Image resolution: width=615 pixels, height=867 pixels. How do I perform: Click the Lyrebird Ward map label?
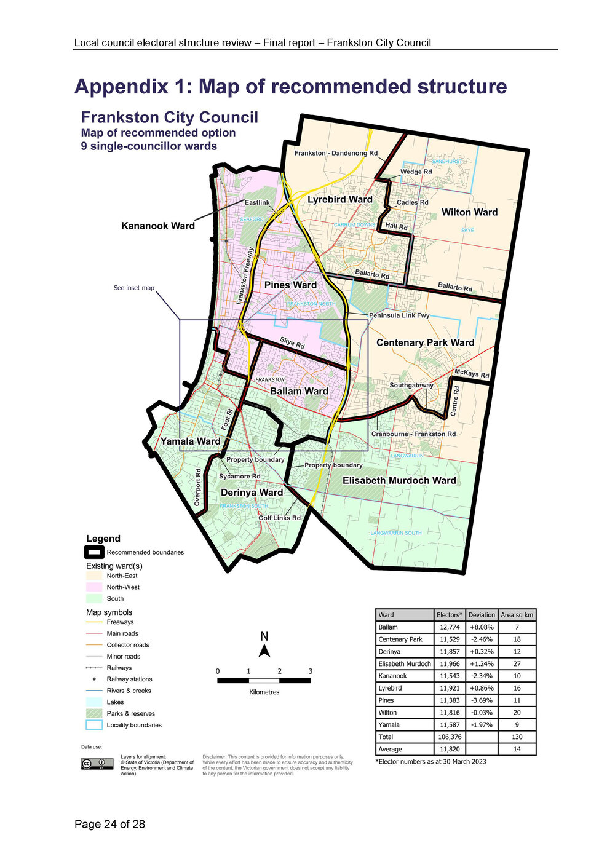[x=340, y=199]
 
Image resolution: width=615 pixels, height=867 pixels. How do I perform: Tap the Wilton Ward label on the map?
[x=469, y=212]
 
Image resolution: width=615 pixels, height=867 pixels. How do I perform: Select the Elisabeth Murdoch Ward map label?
[x=399, y=480]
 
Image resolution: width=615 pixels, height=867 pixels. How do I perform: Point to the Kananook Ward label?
[x=158, y=226]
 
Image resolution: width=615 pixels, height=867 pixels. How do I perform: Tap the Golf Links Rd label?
[x=279, y=518]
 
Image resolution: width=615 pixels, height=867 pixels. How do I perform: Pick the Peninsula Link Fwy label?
[x=399, y=315]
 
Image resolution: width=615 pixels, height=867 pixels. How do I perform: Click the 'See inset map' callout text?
[x=134, y=288]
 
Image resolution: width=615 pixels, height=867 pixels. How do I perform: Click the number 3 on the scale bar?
[x=310, y=671]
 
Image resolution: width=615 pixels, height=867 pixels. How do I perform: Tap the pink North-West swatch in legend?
[x=94, y=587]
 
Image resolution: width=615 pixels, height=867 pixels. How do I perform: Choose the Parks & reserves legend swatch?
[x=94, y=713]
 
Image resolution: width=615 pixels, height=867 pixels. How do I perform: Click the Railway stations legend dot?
[x=94, y=679]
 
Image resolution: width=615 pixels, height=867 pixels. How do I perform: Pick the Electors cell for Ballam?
[x=450, y=627]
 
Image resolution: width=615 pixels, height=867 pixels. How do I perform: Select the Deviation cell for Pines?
[x=482, y=700]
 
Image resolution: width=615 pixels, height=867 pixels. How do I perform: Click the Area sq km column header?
[x=517, y=615]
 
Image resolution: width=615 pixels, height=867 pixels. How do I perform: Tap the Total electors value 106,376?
[x=450, y=737]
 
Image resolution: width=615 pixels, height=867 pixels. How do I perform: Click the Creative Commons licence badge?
[x=97, y=764]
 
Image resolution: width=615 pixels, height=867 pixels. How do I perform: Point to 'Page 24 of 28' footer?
[x=109, y=824]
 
